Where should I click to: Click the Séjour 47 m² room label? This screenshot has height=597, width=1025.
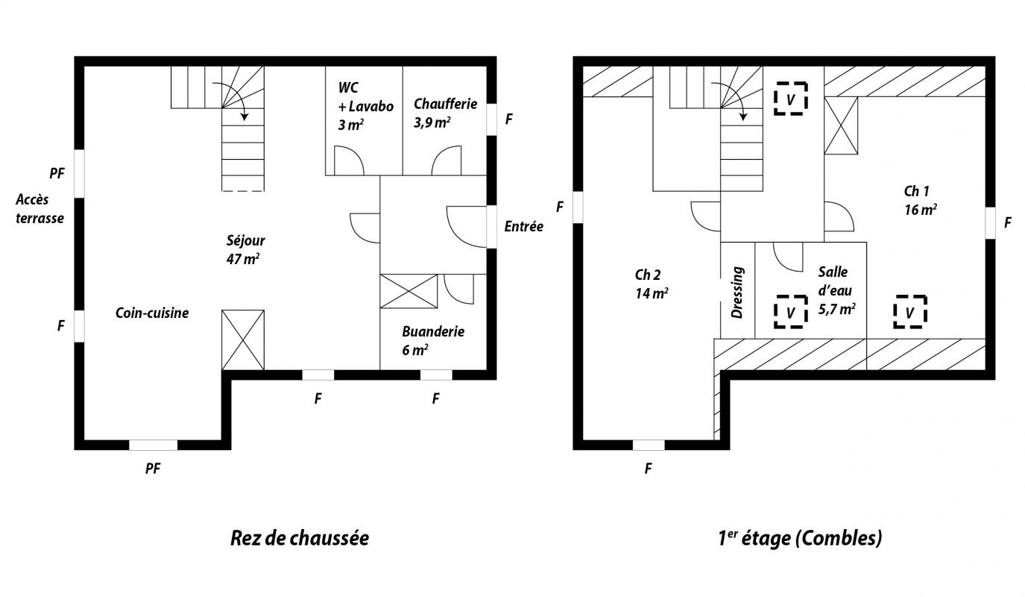tap(246, 250)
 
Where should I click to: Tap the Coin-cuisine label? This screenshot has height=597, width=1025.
tap(152, 313)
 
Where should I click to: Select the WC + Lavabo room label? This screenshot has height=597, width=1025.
tap(365, 106)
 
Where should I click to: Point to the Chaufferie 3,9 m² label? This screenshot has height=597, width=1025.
tap(445, 113)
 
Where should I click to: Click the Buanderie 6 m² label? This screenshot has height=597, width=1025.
tap(433, 340)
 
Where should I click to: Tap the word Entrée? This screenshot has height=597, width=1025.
tap(523, 226)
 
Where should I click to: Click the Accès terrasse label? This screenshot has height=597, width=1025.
tap(40, 209)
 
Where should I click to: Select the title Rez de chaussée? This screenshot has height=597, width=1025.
tap(300, 538)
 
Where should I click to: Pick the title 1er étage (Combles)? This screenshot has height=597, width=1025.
tap(800, 538)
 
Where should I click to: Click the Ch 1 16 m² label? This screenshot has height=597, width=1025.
tap(920, 200)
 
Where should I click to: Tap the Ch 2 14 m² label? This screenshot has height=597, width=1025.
tap(651, 284)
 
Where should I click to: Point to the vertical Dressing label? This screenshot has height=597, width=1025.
tap(737, 293)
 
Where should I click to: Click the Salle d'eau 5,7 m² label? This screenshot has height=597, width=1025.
tap(836, 291)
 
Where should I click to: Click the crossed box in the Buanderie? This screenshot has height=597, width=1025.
tap(409, 291)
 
